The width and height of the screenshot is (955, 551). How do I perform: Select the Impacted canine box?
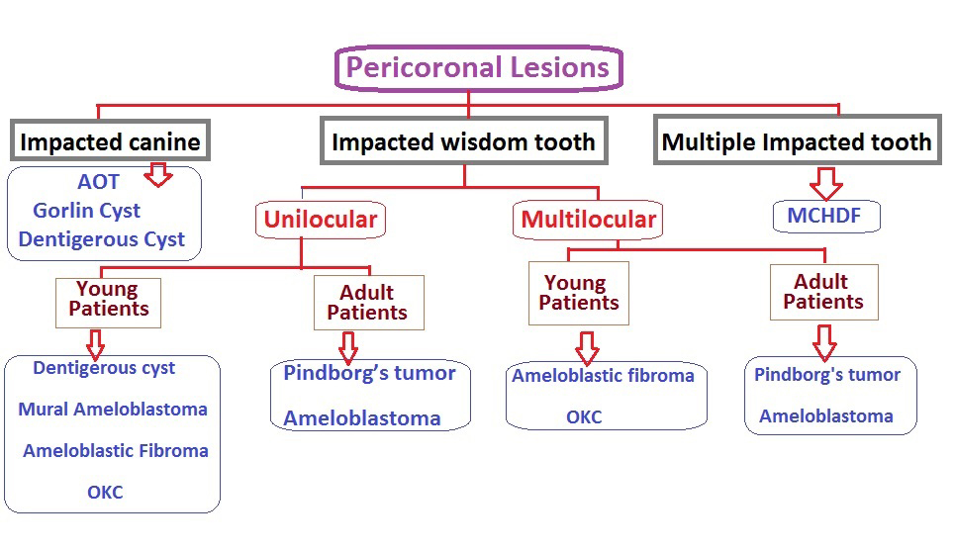pyautogui.click(x=110, y=141)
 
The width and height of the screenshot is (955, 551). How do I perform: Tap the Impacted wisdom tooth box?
pyautogui.click(x=463, y=141)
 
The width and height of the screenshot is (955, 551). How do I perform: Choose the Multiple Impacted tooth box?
pyautogui.click(x=797, y=141)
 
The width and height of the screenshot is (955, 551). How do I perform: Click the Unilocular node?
pyautogui.click(x=320, y=219)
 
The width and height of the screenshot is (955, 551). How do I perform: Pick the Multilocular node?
pyautogui.click(x=588, y=220)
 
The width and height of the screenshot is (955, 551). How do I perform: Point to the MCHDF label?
pyautogui.click(x=826, y=216)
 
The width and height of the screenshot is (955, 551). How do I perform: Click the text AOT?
pyautogui.click(x=98, y=182)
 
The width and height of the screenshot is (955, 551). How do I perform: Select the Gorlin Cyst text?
pyautogui.click(x=86, y=211)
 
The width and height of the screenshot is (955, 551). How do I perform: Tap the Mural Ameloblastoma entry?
pyautogui.click(x=113, y=410)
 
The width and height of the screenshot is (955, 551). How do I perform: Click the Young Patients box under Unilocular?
pyautogui.click(x=107, y=300)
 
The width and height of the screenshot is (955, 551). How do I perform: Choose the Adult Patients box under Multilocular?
pyautogui.click(x=822, y=292)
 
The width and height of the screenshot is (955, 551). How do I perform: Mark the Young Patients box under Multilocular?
pyautogui.click(x=579, y=293)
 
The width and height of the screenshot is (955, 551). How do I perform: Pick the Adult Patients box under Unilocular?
pyautogui.click(x=367, y=303)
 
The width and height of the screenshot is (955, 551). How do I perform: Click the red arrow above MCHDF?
pyautogui.click(x=825, y=183)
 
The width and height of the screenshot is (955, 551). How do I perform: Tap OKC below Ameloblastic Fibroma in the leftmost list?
pyautogui.click(x=105, y=492)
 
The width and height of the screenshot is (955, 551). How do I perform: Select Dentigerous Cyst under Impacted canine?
pyautogui.click(x=101, y=239)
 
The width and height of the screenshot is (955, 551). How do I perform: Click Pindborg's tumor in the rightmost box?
pyautogui.click(x=827, y=375)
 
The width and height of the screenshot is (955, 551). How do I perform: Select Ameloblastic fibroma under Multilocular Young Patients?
pyautogui.click(x=603, y=376)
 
